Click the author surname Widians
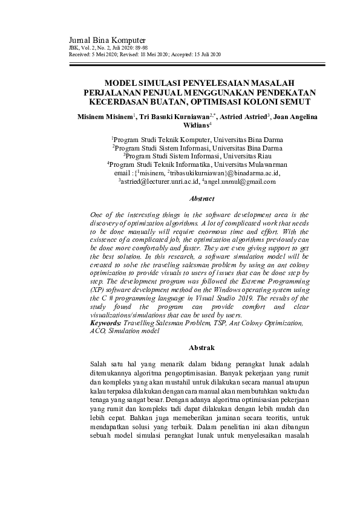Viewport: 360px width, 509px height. coord(195,126)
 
